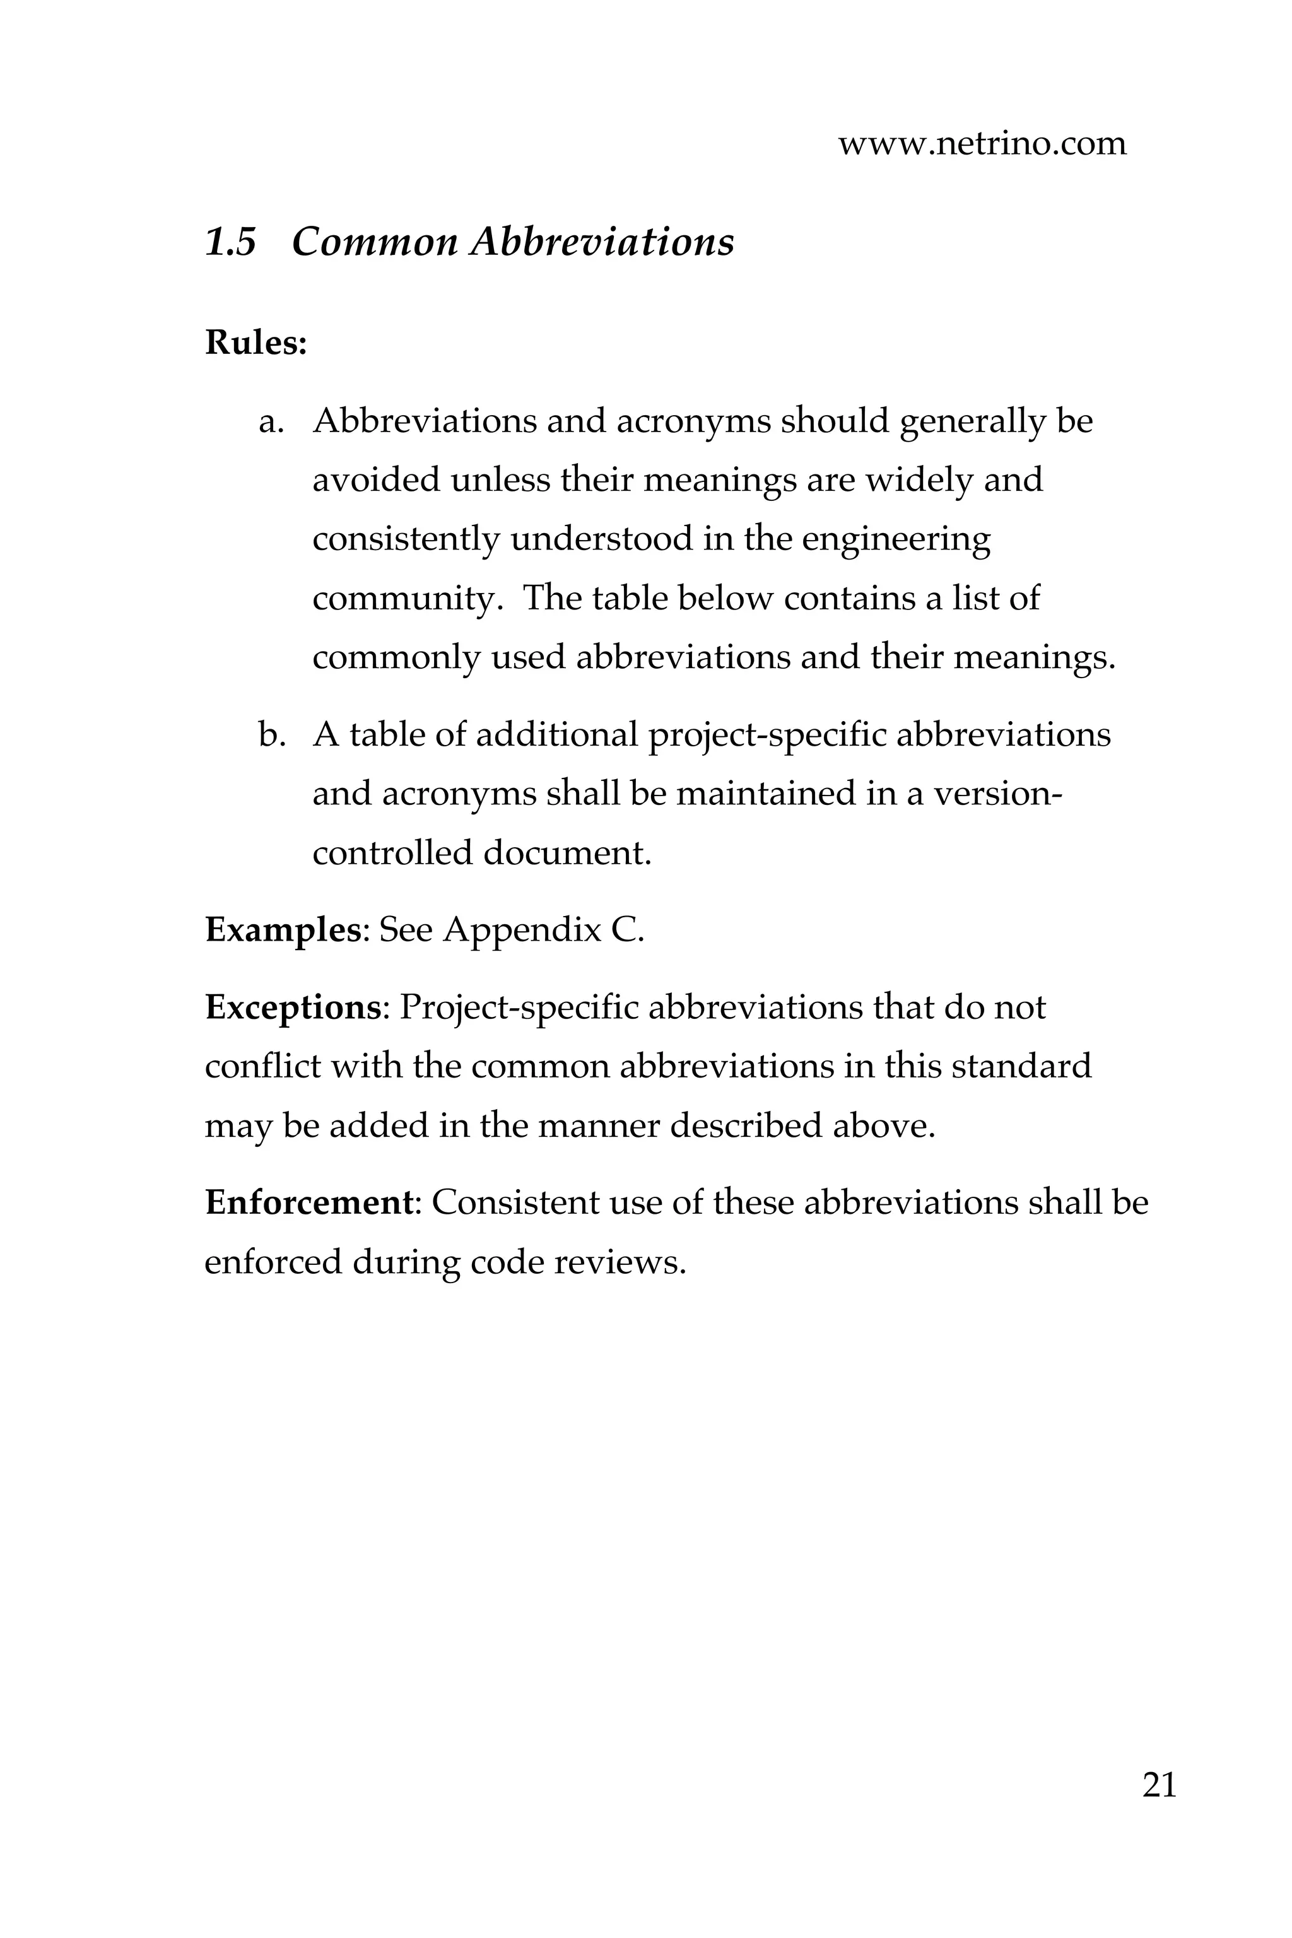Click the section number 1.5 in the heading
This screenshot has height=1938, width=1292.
click(x=230, y=242)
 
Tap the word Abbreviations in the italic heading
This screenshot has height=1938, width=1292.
click(x=601, y=242)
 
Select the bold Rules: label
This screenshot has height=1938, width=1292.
click(x=255, y=343)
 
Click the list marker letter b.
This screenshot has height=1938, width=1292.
click(x=271, y=735)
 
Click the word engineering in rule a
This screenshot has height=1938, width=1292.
click(x=896, y=541)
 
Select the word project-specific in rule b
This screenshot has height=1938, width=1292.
click(x=767, y=735)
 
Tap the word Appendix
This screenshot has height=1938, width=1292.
click(x=522, y=931)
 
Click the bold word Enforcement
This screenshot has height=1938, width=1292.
click(x=308, y=1203)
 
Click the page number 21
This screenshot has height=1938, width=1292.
click(x=1158, y=1784)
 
